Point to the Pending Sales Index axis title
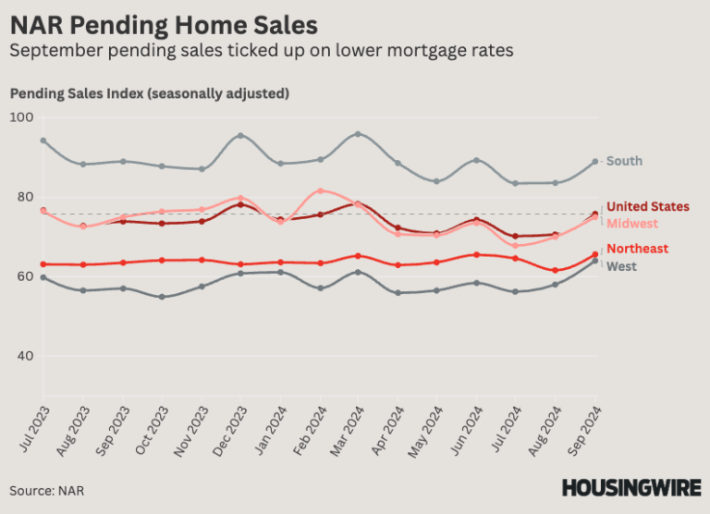pyautogui.click(x=149, y=93)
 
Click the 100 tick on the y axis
pyautogui.click(x=20, y=117)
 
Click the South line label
pyautogui.click(x=624, y=161)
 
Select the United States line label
pyautogui.click(x=647, y=206)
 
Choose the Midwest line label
pyautogui.click(x=632, y=224)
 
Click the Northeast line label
pyautogui.click(x=637, y=249)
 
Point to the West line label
pyautogui.click(x=622, y=266)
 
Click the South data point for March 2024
pyautogui.click(x=359, y=134)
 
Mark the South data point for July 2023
pyautogui.click(x=43, y=141)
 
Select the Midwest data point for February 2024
pyautogui.click(x=320, y=191)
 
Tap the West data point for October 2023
pyautogui.click(x=162, y=297)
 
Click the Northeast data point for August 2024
pyautogui.click(x=556, y=271)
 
